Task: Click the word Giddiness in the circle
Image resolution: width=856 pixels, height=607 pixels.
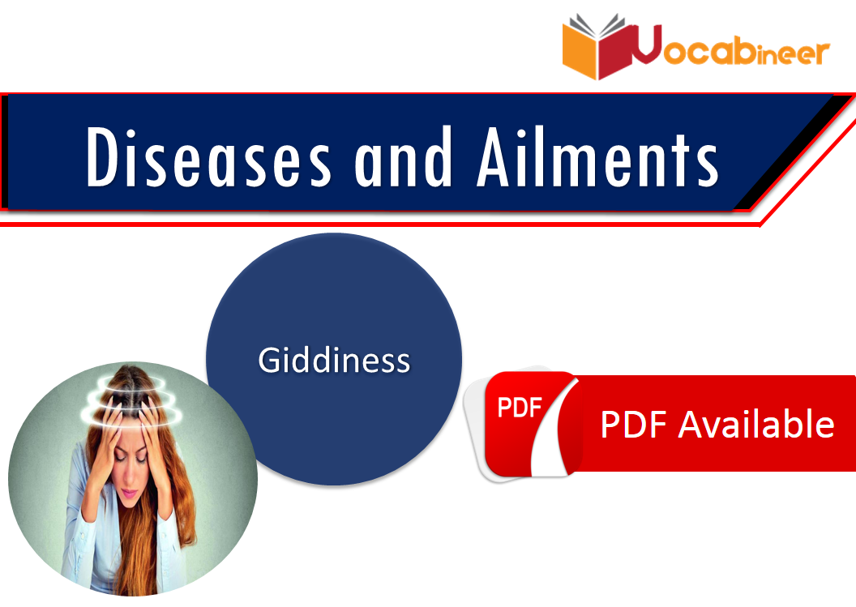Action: click(x=334, y=360)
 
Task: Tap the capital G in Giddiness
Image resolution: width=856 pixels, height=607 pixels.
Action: click(x=268, y=360)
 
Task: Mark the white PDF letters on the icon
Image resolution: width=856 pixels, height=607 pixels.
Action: click(x=519, y=408)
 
